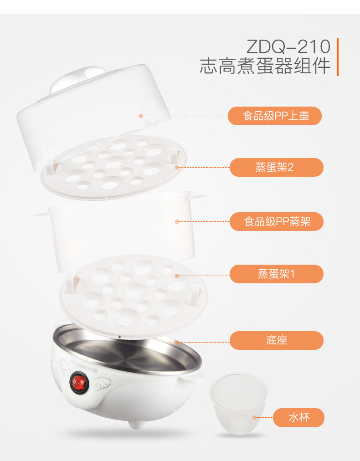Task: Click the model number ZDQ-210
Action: coord(288,46)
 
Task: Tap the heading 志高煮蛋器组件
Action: coord(265,66)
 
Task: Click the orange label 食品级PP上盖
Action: coord(275,116)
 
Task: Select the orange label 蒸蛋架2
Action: coord(277,167)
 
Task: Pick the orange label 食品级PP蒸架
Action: coord(277,221)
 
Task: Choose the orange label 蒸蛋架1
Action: coord(277,274)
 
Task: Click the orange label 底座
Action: coord(277,340)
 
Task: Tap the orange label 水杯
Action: coord(298,417)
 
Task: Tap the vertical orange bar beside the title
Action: coord(338,57)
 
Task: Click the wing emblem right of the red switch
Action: coord(103,384)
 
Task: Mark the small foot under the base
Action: coord(136,425)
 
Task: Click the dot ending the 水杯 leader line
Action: coord(255,417)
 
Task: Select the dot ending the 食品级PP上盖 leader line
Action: coord(141,116)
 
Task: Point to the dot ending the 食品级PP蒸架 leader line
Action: coord(177,221)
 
